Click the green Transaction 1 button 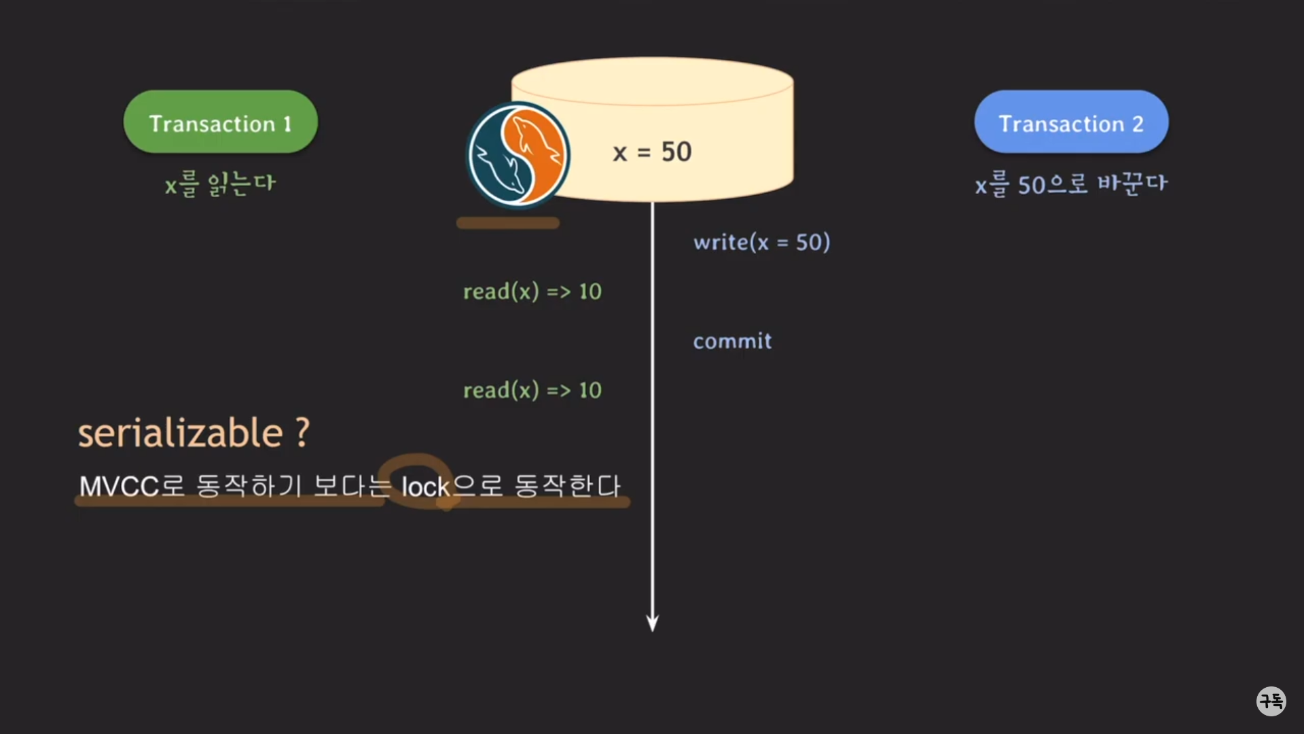(220, 122)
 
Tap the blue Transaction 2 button (1071, 122)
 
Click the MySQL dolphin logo (518, 154)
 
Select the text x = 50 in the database (652, 152)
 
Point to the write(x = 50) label (761, 242)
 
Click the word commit (732, 340)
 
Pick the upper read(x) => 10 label (532, 292)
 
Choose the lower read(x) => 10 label (532, 390)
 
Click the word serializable (180, 433)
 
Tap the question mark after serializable (302, 432)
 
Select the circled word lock (425, 487)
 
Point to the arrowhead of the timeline (652, 623)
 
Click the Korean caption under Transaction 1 (220, 183)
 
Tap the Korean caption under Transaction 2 (1071, 184)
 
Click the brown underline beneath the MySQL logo (508, 223)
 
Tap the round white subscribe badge (1271, 701)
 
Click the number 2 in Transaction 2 (1138, 124)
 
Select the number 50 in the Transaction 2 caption (1032, 185)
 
